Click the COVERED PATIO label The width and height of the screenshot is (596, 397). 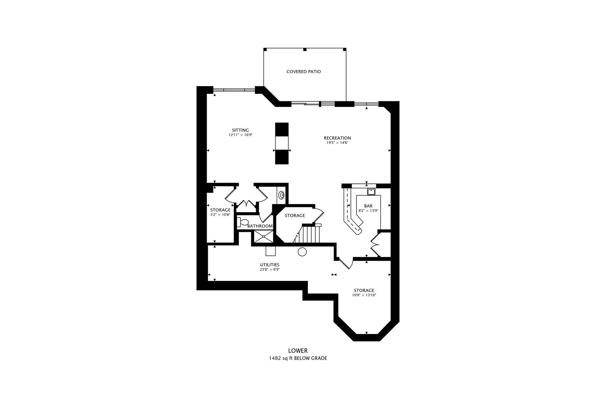click(304, 72)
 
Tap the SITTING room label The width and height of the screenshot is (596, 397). click(240, 130)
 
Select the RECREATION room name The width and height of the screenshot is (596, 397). click(337, 138)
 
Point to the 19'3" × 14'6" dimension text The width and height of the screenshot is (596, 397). click(337, 143)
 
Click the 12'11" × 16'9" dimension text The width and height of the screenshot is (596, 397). click(240, 135)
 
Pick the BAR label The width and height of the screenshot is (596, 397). click(368, 206)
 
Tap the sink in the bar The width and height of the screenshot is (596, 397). click(371, 192)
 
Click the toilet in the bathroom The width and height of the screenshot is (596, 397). click(243, 222)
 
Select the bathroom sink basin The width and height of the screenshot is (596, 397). click(281, 195)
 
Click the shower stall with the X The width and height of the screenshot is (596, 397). click(263, 237)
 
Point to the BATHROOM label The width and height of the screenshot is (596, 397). click(260, 226)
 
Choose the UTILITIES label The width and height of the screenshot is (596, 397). click(270, 265)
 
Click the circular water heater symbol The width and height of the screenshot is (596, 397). click(302, 251)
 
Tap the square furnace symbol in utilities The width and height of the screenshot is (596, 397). click(271, 251)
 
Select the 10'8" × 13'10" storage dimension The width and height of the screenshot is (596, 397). click(364, 295)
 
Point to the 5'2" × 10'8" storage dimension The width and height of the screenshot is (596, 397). click(220, 215)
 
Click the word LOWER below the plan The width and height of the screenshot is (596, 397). click(298, 351)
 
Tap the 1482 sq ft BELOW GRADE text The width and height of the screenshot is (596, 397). click(298, 358)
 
